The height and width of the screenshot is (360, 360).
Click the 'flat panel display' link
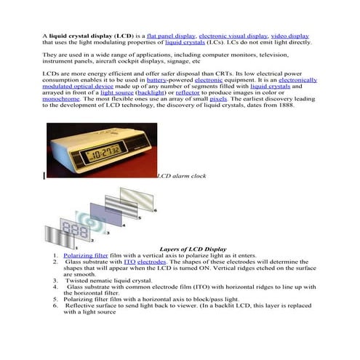169,36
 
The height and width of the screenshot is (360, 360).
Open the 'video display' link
289,36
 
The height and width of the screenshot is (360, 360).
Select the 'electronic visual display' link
233,36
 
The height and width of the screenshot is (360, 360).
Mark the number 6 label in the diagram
154,209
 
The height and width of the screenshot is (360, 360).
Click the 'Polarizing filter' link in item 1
86,256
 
